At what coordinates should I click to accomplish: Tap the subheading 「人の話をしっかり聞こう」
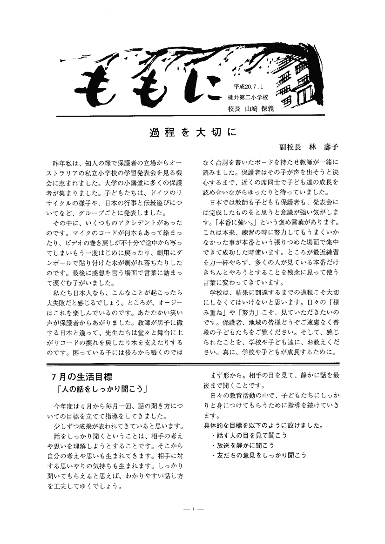pos(100,388)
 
